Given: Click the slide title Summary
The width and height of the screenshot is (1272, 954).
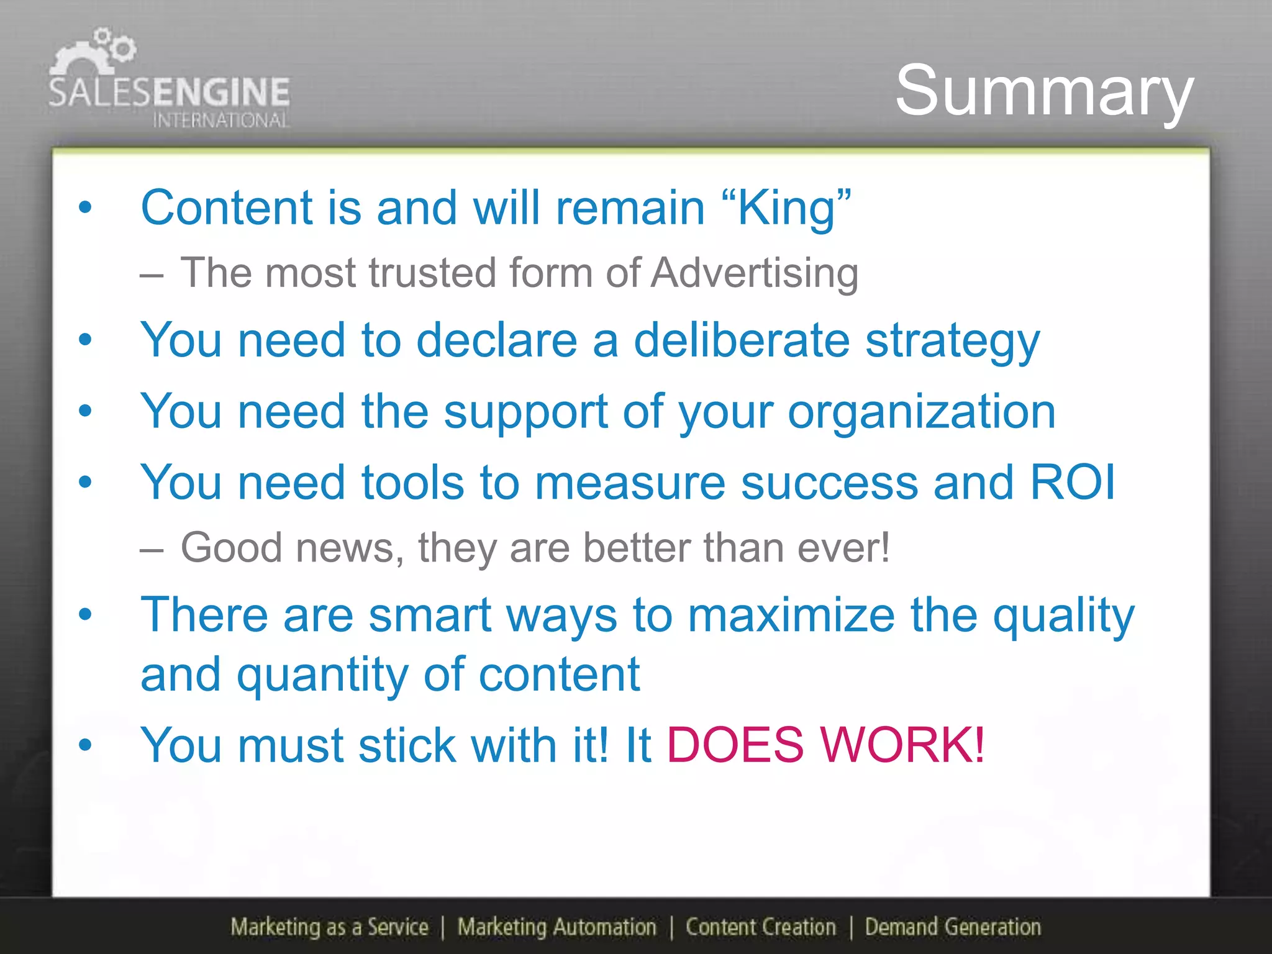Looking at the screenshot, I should [x=1044, y=92].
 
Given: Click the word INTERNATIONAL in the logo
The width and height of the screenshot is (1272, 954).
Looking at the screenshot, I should [x=220, y=120].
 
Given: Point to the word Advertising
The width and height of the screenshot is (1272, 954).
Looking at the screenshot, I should [x=755, y=273].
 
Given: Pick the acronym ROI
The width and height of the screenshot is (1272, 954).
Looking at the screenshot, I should [x=1073, y=482].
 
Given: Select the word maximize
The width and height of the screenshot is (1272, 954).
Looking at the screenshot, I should [x=791, y=615].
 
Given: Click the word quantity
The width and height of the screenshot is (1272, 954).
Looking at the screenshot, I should [x=322, y=675].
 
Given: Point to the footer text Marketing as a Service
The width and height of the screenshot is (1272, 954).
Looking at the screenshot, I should [x=329, y=927].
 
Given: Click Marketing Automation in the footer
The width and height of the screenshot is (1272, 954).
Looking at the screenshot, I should [x=556, y=927].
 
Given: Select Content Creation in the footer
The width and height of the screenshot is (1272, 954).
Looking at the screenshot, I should [x=761, y=927].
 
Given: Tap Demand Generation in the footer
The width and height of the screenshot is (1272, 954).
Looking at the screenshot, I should [x=953, y=927].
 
